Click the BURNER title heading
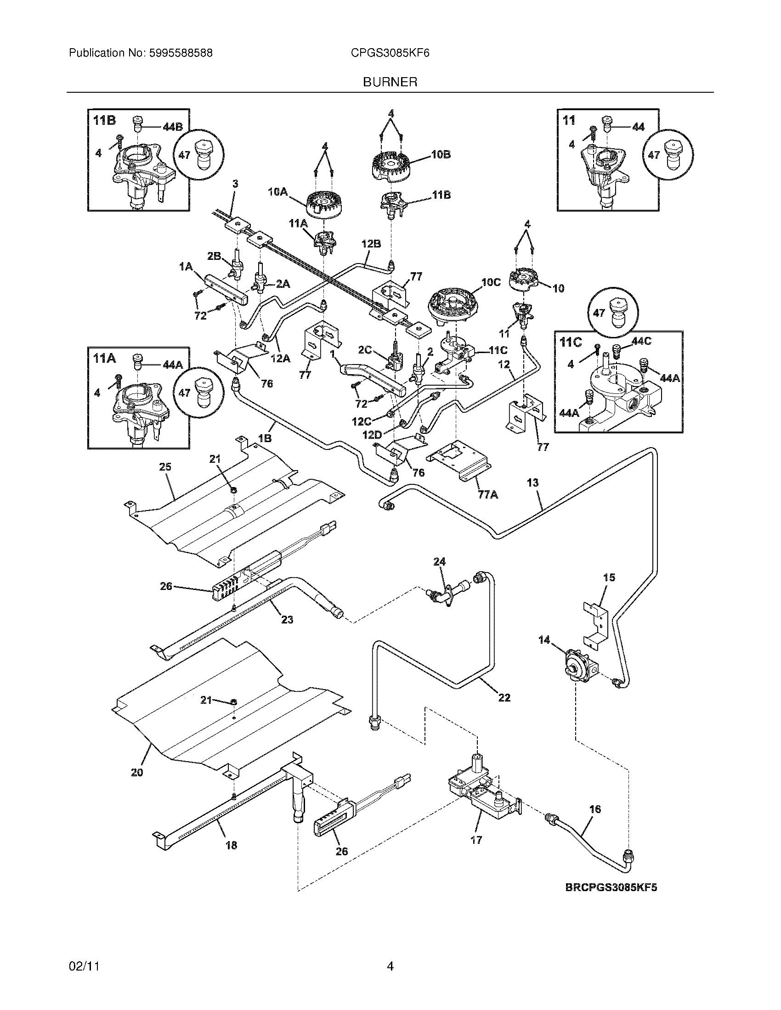(x=390, y=82)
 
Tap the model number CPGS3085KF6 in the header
(x=390, y=53)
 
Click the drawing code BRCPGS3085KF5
(x=611, y=887)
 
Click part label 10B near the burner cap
(x=441, y=154)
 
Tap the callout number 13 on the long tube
(x=532, y=483)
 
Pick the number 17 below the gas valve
(x=476, y=840)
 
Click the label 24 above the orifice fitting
(x=439, y=561)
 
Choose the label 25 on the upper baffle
(x=165, y=467)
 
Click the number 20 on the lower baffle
(x=137, y=772)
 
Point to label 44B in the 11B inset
(x=173, y=127)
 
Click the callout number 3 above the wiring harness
(x=235, y=184)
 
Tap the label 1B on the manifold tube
(x=264, y=438)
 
